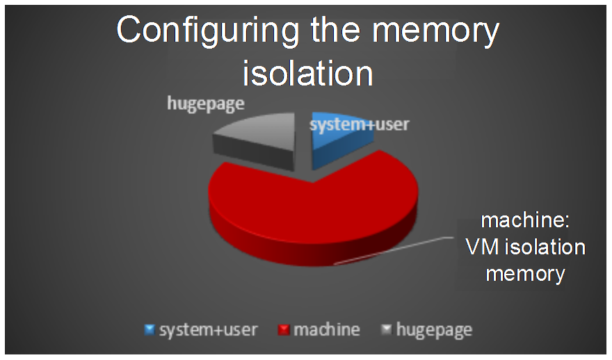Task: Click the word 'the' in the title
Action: [335, 30]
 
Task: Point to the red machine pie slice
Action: [312, 206]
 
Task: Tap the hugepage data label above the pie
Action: [206, 104]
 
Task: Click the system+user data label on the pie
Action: [359, 124]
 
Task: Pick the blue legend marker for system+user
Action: [150, 330]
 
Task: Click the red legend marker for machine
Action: [283, 330]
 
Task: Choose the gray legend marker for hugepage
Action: [386, 330]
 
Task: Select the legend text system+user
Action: [209, 330]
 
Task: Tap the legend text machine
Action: [327, 330]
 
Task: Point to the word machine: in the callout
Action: [525, 221]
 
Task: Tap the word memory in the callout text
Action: [525, 275]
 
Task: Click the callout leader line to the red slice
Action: [394, 250]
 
